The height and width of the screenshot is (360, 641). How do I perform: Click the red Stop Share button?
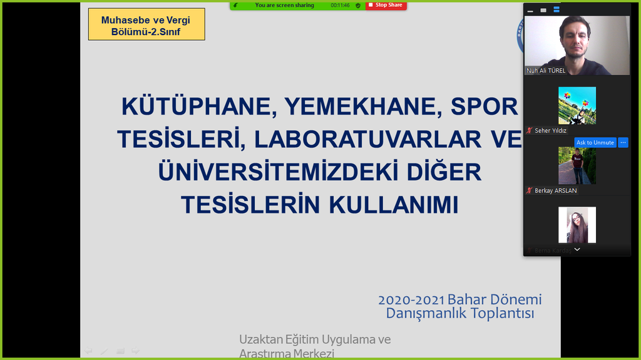[x=385, y=5]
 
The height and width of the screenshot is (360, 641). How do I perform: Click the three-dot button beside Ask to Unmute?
[x=623, y=143]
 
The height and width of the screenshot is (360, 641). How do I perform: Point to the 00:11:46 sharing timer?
[x=341, y=5]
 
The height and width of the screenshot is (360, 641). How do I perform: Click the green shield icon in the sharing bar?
[x=358, y=5]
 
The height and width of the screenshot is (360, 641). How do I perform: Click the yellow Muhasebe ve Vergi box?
[x=146, y=25]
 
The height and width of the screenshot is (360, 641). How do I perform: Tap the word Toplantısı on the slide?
[x=498, y=314]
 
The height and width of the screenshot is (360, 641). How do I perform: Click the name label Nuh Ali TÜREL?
[x=546, y=71]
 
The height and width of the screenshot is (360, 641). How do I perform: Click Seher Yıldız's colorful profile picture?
[x=577, y=105]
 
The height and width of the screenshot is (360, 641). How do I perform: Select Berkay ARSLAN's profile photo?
[x=577, y=165]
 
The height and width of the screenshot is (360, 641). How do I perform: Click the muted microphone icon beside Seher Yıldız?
[x=529, y=131]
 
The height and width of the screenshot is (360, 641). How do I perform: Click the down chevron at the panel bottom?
[x=577, y=249]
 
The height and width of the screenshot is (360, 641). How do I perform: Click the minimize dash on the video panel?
[x=530, y=11]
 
